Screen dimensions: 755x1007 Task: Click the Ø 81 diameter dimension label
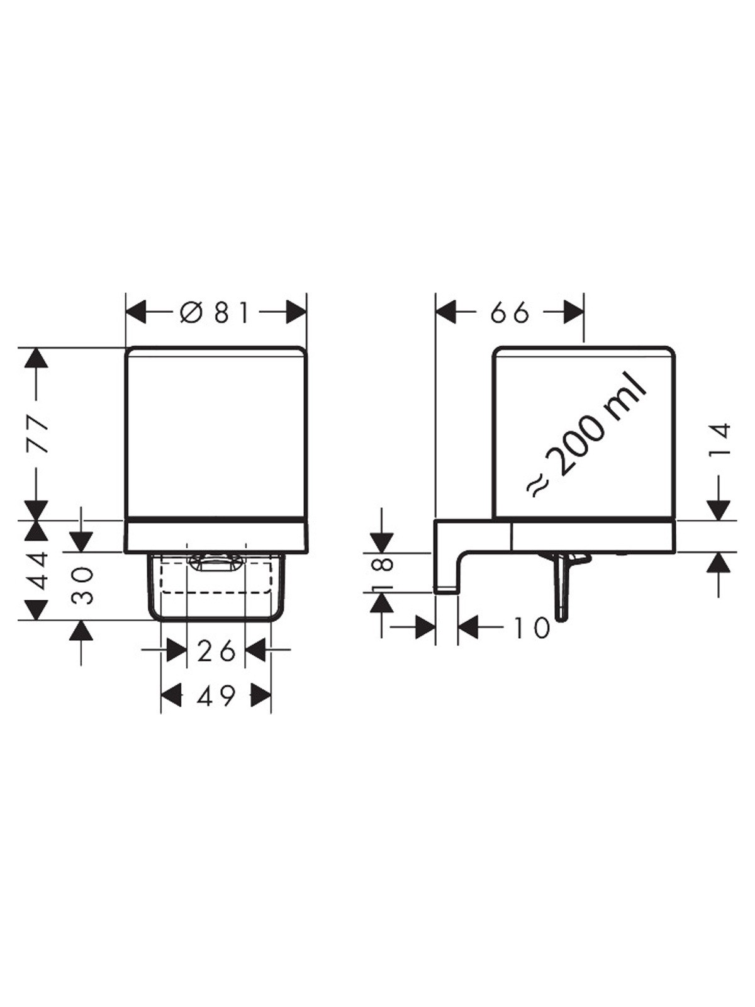215,313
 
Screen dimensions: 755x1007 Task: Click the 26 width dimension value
216,650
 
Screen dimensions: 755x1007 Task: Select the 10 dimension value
530,627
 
